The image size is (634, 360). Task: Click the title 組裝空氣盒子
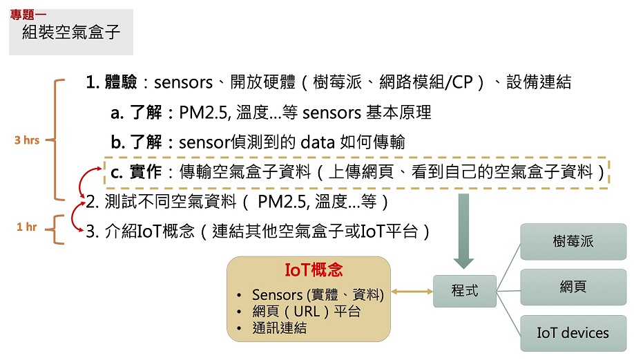(71, 32)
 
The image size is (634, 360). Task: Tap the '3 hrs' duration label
(27, 140)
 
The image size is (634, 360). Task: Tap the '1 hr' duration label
(26, 227)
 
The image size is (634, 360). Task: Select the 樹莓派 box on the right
(573, 242)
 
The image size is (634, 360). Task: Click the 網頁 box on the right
(573, 287)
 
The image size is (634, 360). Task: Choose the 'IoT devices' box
(573, 332)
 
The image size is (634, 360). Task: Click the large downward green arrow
(464, 231)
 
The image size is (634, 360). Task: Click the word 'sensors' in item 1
(182, 83)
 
